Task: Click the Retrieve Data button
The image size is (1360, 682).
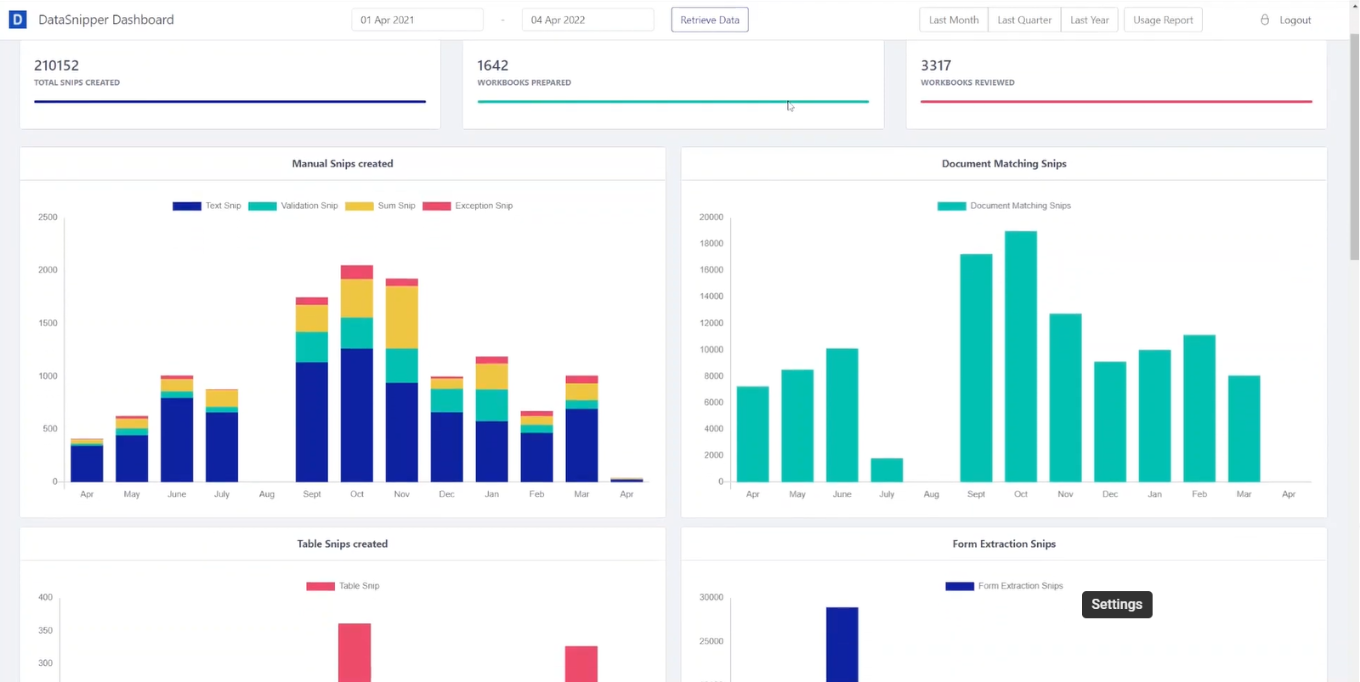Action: pyautogui.click(x=709, y=20)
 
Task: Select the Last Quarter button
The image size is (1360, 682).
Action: pyautogui.click(x=1023, y=20)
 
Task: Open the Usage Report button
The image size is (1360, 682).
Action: pyautogui.click(x=1162, y=20)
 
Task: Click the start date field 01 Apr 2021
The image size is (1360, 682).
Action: pyautogui.click(x=416, y=20)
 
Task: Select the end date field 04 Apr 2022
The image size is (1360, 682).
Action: pyautogui.click(x=586, y=20)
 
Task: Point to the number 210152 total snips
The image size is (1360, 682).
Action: pyautogui.click(x=56, y=65)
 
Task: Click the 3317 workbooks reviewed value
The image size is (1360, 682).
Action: pyautogui.click(x=935, y=65)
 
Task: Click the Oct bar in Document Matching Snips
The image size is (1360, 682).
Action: pyautogui.click(x=1020, y=357)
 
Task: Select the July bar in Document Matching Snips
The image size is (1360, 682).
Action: pyautogui.click(x=887, y=470)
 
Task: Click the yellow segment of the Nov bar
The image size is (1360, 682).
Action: pyautogui.click(x=401, y=317)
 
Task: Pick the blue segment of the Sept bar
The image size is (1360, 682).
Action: pyautogui.click(x=311, y=422)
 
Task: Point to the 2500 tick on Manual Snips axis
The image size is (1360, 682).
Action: pyautogui.click(x=48, y=217)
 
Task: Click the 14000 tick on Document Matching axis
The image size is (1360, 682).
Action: pyautogui.click(x=711, y=296)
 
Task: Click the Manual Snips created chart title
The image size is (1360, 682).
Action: pyautogui.click(x=342, y=164)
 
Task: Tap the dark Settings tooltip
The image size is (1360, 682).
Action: pyautogui.click(x=1116, y=605)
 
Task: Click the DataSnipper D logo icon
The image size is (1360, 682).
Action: pyautogui.click(x=17, y=20)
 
